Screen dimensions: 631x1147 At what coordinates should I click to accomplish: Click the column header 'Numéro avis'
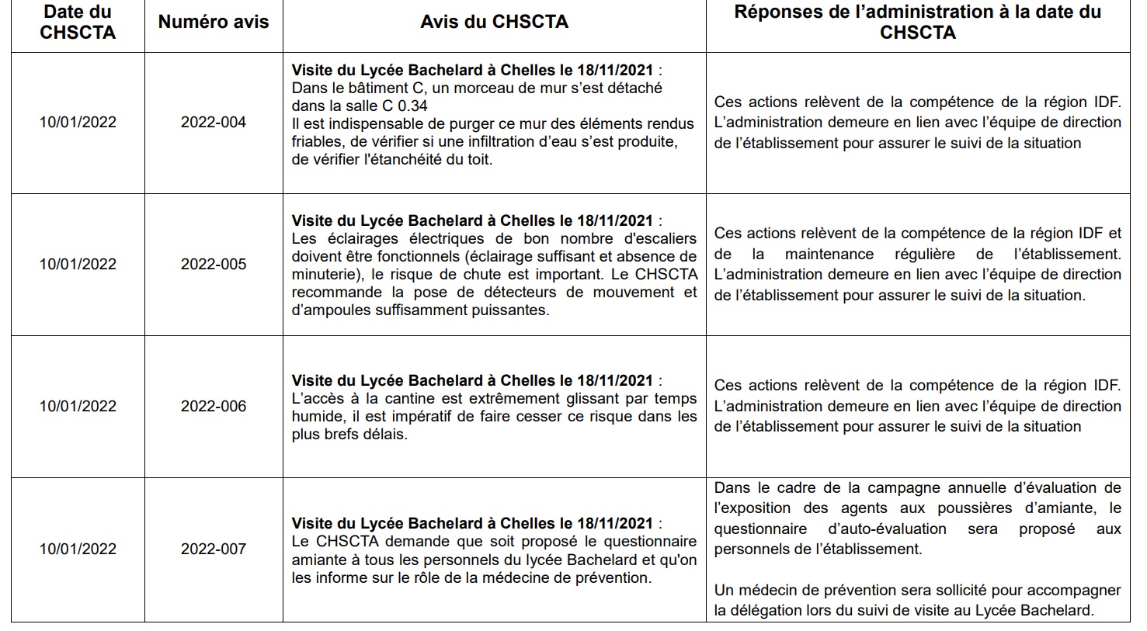[x=214, y=22]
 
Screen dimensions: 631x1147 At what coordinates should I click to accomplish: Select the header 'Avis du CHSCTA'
[x=494, y=22]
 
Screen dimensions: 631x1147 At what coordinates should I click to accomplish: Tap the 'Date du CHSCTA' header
[x=78, y=22]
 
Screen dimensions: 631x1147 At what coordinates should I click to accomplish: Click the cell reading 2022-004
[x=214, y=122]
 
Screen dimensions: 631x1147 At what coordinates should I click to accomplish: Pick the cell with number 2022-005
[x=214, y=264]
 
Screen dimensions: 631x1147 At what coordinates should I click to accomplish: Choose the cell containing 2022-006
[x=214, y=406]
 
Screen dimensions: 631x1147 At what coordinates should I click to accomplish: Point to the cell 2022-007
[x=214, y=549]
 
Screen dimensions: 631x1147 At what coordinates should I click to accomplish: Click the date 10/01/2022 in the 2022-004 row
[x=78, y=122]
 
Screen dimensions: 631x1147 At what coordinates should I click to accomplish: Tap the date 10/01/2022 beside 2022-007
[x=78, y=549]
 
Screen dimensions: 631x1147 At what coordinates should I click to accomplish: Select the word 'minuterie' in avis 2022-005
[x=322, y=274]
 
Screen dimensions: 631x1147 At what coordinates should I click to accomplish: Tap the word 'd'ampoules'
[x=327, y=310]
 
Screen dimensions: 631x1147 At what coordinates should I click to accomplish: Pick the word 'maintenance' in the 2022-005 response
[x=829, y=254]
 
